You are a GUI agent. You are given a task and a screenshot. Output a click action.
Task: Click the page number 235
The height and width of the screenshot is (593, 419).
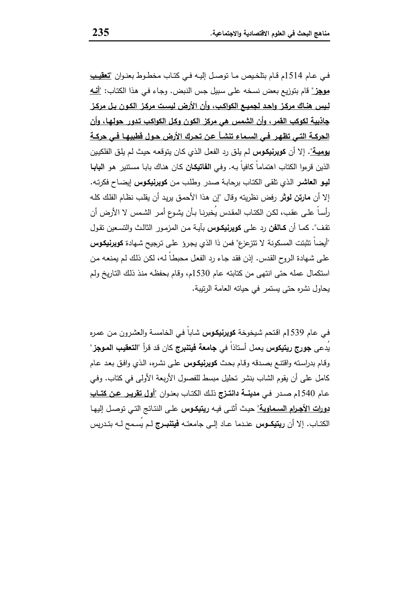point(101,33)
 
